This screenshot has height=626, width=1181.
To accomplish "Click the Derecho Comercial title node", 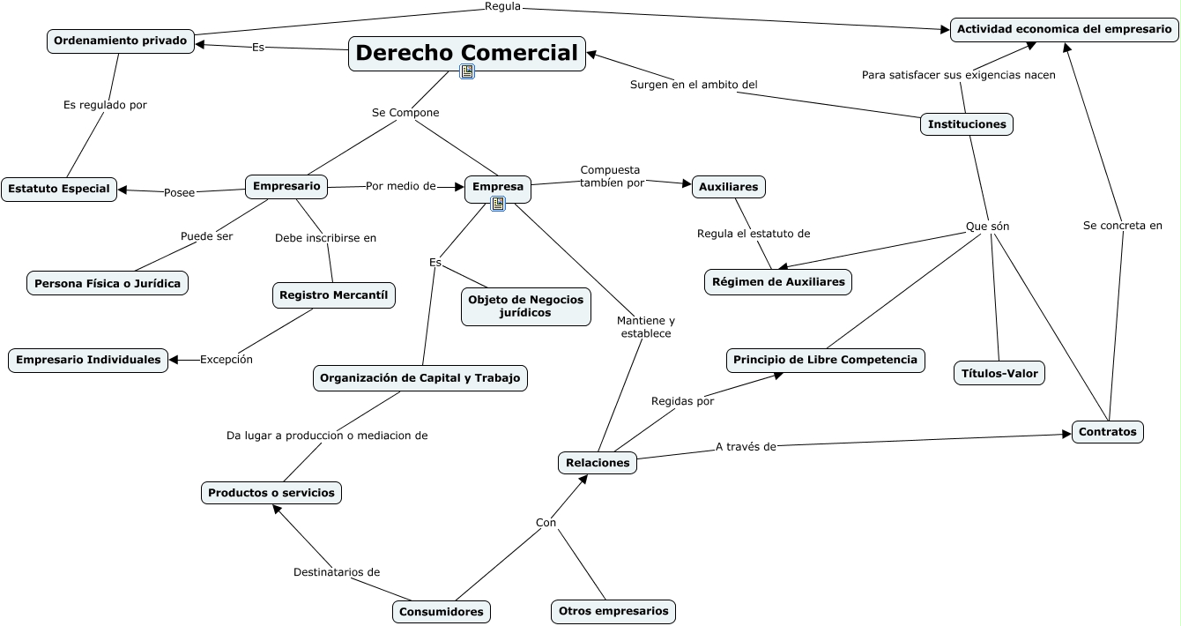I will coord(466,52).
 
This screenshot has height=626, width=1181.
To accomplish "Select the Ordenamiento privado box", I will coord(120,41).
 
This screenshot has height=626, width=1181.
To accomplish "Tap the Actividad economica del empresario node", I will coord(1064,29).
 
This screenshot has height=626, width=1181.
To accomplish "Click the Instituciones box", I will coord(966,124).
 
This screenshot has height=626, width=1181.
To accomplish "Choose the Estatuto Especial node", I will coord(59,189).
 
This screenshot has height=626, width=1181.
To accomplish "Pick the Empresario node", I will coord(286,186).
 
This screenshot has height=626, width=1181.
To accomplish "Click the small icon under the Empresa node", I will coord(498,204).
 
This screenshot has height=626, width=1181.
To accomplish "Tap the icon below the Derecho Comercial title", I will coord(467,71).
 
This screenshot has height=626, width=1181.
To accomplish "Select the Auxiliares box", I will coord(728,187).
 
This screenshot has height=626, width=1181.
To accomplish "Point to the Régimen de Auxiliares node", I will coord(778,282).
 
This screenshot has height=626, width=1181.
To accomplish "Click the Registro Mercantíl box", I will coord(333,295).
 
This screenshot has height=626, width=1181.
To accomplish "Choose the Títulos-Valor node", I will coord(999,373).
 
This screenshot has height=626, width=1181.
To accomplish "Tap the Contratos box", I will coord(1107,432).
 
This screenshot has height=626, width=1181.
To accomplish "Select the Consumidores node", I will coord(441,611).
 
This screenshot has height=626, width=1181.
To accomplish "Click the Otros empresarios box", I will coord(613,611).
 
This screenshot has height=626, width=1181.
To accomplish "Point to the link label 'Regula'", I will coord(502,7).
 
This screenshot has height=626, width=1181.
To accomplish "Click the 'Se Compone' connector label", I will coord(405,113).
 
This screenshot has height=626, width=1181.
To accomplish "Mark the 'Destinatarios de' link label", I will coord(337,572).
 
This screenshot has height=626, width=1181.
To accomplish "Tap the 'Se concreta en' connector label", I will coord(1122,226).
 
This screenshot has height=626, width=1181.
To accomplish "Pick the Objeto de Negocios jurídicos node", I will coord(525,306).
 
